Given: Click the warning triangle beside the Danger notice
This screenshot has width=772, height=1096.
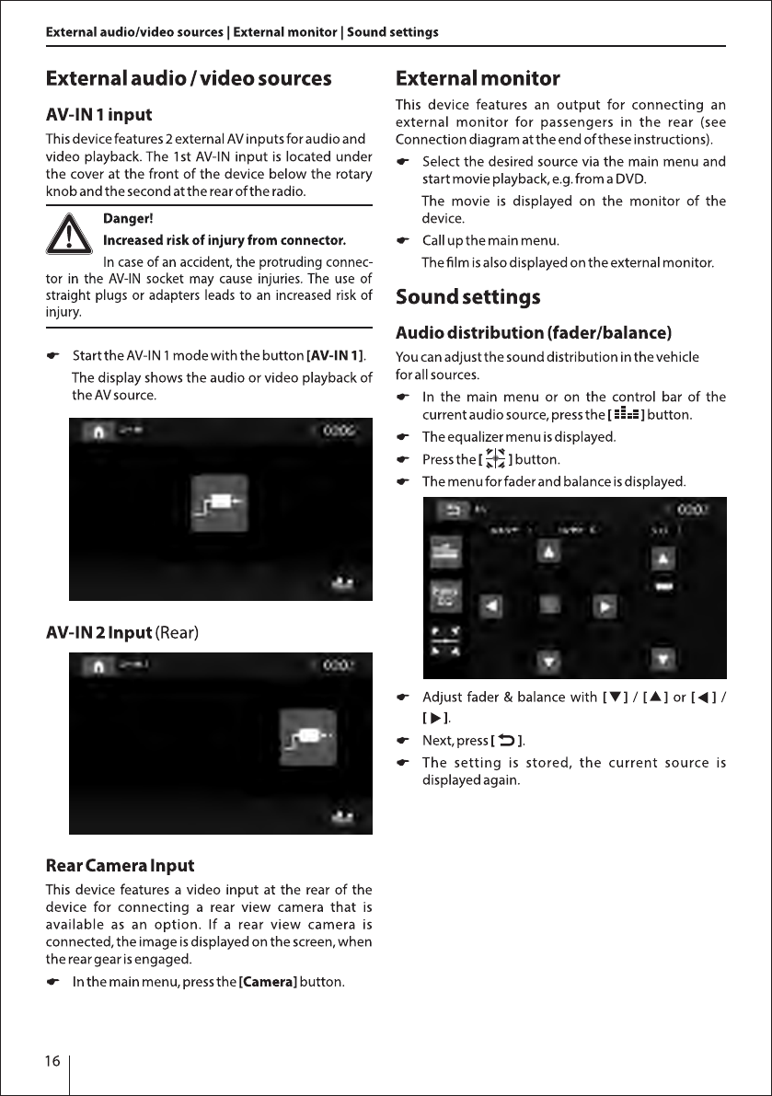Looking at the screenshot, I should click(x=70, y=236).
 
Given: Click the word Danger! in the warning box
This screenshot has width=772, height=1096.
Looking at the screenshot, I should click(x=128, y=219).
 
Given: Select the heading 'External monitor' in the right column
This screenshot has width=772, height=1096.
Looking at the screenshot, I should click(x=477, y=78).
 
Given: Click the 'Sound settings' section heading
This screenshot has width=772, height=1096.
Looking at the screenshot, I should click(x=467, y=297).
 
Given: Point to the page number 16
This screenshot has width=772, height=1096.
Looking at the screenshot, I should click(x=52, y=1061).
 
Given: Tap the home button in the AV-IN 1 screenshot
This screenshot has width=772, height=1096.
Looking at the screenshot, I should click(x=96, y=431).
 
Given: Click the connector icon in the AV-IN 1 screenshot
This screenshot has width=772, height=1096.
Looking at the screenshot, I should click(x=219, y=503).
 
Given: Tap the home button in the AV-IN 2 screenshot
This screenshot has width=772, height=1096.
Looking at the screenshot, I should click(x=96, y=664).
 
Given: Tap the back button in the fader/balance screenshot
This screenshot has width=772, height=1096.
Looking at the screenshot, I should click(x=452, y=509).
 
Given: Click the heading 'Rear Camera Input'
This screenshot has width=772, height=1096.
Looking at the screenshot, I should click(x=120, y=866).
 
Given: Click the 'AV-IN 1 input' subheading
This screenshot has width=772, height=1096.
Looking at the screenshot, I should click(x=98, y=116).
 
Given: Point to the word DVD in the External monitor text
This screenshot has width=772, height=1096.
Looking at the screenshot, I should click(x=631, y=178).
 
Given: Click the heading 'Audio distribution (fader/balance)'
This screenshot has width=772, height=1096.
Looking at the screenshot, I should click(x=533, y=332).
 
